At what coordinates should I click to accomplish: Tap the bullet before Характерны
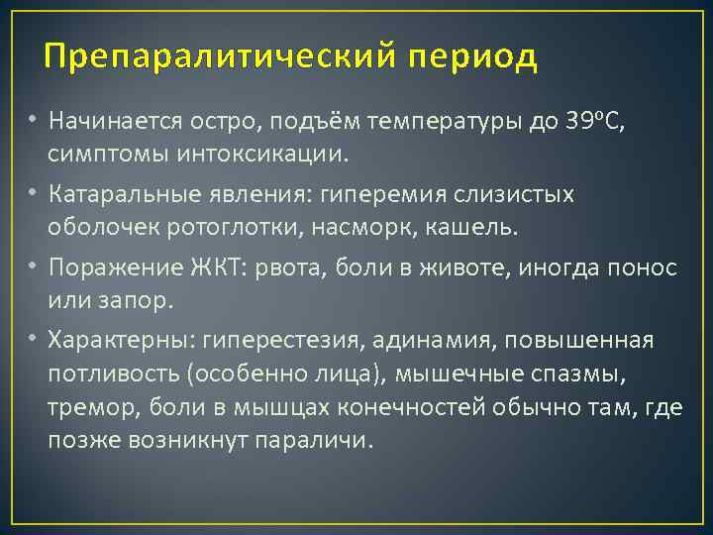click(32, 340)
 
